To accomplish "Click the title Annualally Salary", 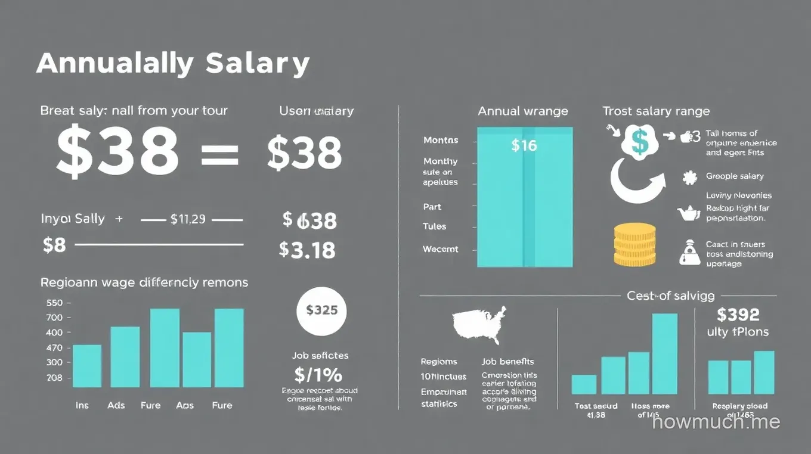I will (173, 63).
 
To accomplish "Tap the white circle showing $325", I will (321, 310).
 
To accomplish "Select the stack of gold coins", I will (634, 244).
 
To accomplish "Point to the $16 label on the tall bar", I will (524, 145).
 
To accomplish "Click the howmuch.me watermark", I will (716, 422).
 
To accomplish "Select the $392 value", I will (738, 314).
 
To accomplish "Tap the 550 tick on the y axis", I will (54, 303).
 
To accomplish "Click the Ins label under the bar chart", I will (82, 405).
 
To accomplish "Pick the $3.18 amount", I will (307, 250).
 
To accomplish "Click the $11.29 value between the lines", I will (188, 219).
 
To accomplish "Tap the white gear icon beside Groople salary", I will (690, 177).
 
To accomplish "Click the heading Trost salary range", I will (656, 111).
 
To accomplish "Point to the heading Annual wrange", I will (523, 111).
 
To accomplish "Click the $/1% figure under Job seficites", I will (318, 375).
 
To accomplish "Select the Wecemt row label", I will (441, 249).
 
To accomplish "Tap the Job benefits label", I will (507, 361).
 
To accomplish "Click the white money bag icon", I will (689, 253).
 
